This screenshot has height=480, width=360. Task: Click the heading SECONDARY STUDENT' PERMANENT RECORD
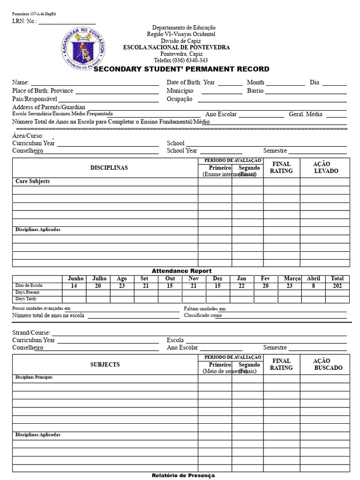181,69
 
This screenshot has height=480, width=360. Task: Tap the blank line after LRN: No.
67,21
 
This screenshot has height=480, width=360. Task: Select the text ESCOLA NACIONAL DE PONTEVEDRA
176,47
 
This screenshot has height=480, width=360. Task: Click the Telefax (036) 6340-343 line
181,60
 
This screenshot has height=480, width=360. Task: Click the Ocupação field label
180,99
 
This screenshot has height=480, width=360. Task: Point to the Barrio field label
255,90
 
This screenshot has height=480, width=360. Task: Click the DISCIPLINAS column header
109,168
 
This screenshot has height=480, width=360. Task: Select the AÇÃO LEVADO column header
325,167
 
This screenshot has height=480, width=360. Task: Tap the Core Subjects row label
32,181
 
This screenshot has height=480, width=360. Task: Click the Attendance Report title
181,271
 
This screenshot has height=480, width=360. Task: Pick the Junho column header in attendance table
75,278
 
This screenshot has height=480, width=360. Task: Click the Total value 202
337,286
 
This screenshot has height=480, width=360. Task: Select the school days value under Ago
121,286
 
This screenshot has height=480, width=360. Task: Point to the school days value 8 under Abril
313,286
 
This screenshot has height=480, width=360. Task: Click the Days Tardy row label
26,299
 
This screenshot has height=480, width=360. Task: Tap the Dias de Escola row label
29,285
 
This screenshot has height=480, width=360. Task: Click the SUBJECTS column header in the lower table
105,364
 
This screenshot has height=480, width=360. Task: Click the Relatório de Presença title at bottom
183,475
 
